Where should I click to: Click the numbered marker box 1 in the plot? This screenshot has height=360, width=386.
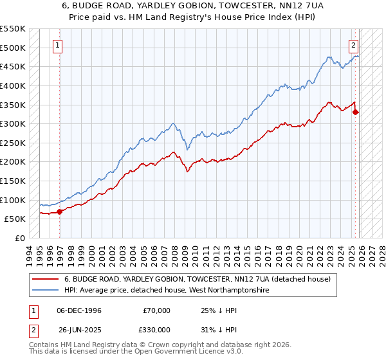tap(59, 45)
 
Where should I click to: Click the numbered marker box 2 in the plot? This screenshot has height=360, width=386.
tap(354, 45)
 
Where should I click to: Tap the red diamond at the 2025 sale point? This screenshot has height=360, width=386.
tap(356, 113)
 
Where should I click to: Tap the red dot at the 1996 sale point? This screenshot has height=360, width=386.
tap(60, 211)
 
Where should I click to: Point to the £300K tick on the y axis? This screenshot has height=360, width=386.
tap(12, 123)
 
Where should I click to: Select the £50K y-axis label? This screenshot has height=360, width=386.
tap(14, 219)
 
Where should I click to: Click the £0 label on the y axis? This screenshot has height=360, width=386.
tap(20, 238)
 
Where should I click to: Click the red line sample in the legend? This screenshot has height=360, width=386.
tap(47, 279)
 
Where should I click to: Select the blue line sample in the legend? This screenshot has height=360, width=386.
tap(47, 291)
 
